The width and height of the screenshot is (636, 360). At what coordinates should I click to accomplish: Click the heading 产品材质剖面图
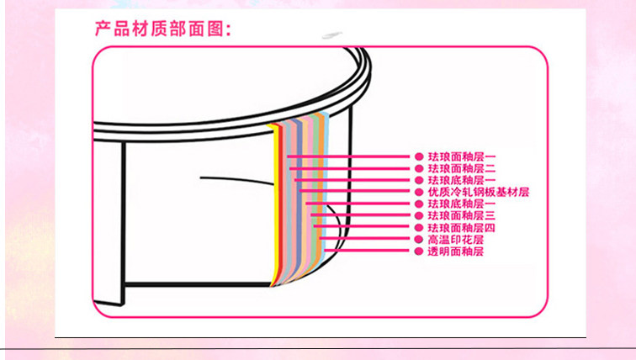coord(162,29)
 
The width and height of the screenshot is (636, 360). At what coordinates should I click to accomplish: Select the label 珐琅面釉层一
coord(462,156)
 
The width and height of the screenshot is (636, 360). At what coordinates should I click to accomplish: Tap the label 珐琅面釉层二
coord(462,168)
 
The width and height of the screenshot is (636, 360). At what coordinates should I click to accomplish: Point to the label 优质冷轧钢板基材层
coord(478,192)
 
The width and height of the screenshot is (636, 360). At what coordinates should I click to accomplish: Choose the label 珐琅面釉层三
coord(462,215)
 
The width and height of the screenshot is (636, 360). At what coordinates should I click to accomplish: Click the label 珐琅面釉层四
coord(462,227)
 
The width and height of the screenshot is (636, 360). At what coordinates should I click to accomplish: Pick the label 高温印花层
coord(456,239)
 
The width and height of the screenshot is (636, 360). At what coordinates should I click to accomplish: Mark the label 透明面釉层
coord(456,251)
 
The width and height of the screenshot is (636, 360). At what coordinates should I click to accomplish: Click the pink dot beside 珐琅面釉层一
coord(418,156)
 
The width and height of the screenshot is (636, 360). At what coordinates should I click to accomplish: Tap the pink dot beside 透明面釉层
coord(418,251)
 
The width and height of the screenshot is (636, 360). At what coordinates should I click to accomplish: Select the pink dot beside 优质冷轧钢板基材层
coord(418,192)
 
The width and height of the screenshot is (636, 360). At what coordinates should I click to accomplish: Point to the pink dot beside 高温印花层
coord(418,239)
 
